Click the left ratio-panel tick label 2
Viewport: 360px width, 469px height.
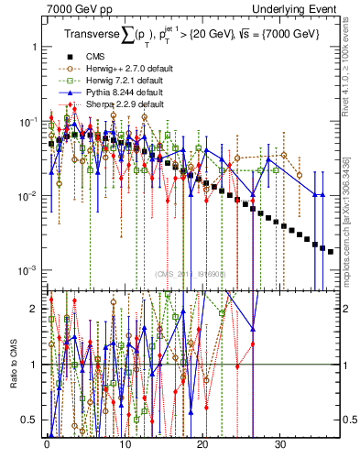point(34,309)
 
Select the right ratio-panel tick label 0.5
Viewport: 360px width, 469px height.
point(349,420)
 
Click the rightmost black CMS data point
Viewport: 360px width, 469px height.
point(331,250)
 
